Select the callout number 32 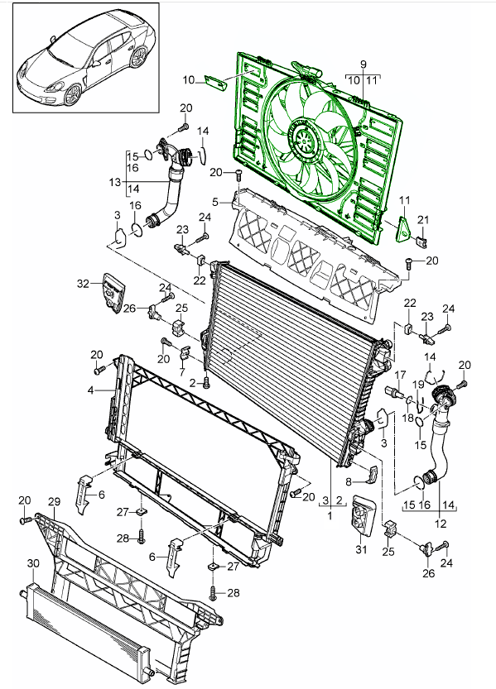point(82,283)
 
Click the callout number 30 point(32,562)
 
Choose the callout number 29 point(53,503)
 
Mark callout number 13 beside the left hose point(114,181)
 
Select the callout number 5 point(214,201)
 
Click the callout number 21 point(421,218)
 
